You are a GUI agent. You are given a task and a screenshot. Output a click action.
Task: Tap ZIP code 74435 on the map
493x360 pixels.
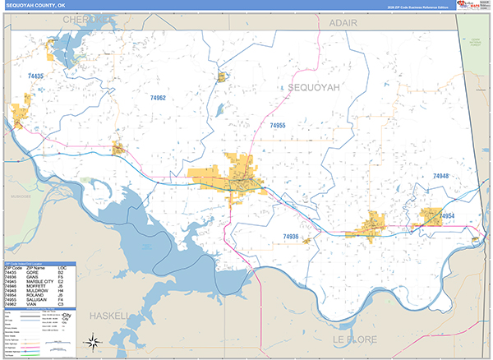coord(36,76)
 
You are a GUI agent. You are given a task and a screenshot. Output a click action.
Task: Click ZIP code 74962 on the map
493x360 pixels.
coord(158,98)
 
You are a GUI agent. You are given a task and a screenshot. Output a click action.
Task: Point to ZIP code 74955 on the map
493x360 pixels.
coord(277,126)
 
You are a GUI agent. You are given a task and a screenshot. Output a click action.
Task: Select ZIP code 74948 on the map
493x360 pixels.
coord(441,177)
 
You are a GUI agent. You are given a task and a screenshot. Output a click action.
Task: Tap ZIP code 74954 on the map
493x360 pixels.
coord(446,216)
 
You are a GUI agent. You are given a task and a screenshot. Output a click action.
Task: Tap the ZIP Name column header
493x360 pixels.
coord(35,268)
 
